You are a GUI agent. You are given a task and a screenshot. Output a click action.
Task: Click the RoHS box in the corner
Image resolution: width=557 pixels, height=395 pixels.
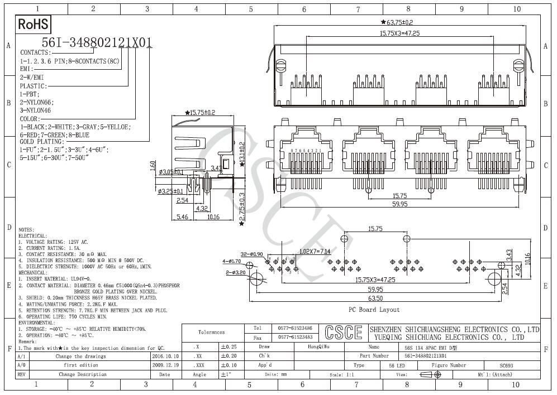click(34, 24)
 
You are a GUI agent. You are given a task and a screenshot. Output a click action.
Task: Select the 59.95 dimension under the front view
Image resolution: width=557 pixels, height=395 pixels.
click(399, 204)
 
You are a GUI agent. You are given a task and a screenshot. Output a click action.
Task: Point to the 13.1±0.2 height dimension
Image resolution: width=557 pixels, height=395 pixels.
click(242, 152)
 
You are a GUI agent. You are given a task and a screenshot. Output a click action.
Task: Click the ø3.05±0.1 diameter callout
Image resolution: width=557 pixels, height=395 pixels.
click(171, 172)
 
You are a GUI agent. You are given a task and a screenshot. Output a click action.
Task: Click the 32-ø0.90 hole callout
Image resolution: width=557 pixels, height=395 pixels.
click(252, 254)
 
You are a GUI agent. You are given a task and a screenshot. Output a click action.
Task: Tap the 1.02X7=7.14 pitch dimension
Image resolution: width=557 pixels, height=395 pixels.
click(315, 252)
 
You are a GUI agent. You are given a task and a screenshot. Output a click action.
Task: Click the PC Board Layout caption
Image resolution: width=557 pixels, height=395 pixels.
click(374, 310)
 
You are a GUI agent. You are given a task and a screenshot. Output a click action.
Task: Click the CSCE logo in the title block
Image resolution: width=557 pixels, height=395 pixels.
click(342, 333)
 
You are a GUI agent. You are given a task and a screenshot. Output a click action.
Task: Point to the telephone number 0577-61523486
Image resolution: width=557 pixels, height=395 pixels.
click(294, 329)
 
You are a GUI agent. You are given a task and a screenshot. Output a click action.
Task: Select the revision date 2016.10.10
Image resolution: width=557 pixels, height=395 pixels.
click(165, 356)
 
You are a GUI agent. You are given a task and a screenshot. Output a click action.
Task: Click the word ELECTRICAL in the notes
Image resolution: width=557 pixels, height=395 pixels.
click(33, 236)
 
